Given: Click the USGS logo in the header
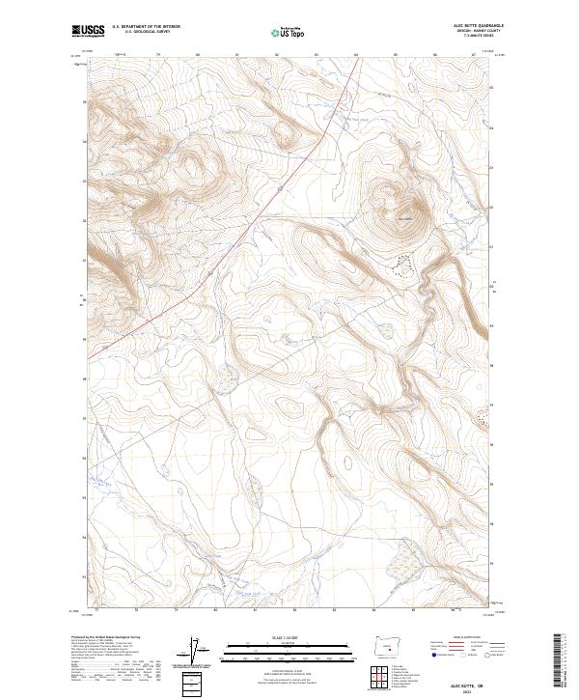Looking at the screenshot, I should coord(88,31).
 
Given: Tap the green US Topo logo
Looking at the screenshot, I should coord(289,32).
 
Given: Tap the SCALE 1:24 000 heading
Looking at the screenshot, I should coord(289,636).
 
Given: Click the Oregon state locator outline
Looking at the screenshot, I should coord(389,643).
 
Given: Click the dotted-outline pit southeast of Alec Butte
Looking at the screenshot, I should coord(405,264).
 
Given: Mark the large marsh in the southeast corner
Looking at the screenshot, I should coord(405,554).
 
